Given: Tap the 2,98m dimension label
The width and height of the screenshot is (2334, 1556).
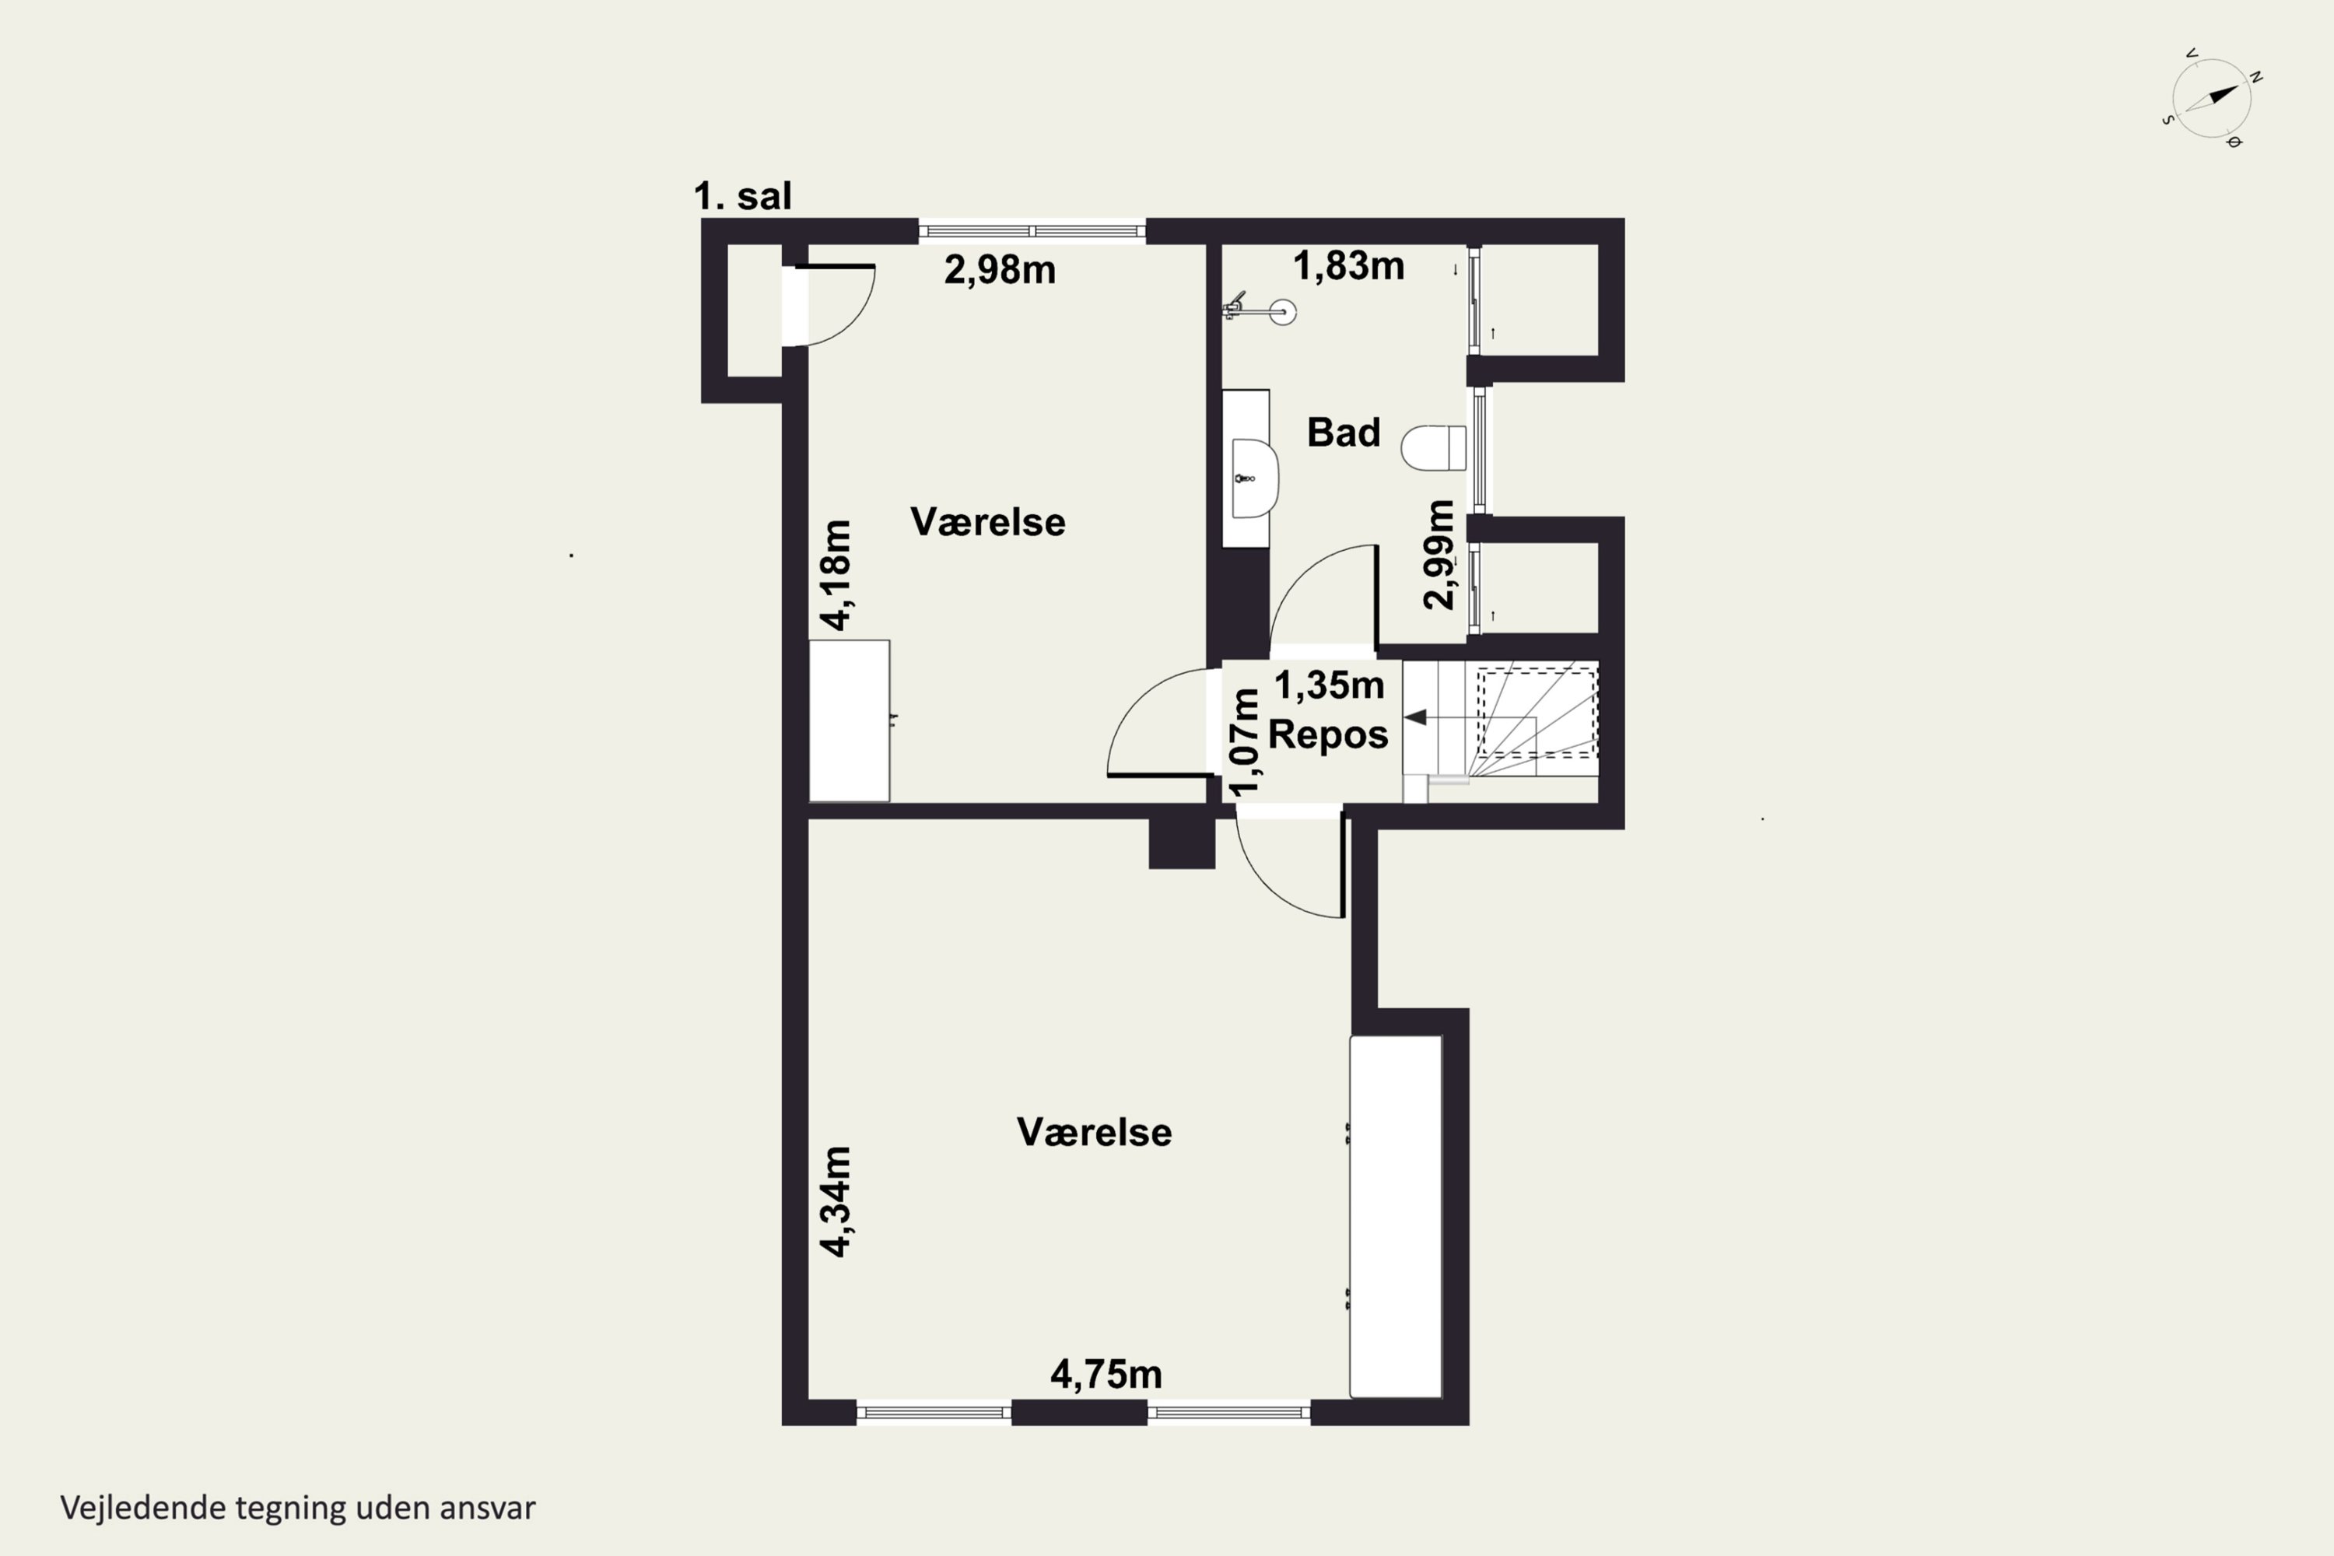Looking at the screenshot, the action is click(999, 270).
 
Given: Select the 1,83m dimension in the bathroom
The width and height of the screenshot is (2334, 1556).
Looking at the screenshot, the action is click(1348, 266).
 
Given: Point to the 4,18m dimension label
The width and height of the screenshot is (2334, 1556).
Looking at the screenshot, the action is click(836, 575).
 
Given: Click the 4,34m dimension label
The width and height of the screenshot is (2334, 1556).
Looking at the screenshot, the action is click(836, 1202).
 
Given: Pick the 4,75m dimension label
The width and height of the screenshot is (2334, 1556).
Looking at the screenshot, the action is click(1106, 1375).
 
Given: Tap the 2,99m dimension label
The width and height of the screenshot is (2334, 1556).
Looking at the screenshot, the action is click(1439, 555).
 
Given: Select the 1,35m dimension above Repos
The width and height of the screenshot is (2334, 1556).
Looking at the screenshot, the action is click(1329, 685).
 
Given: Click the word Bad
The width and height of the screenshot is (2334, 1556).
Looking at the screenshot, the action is click(1344, 433).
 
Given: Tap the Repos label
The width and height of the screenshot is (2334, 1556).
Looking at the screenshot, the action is click(1328, 735).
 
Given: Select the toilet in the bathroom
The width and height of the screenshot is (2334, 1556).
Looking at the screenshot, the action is click(1434, 447).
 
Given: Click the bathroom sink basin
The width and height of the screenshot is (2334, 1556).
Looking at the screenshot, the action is click(1254, 479).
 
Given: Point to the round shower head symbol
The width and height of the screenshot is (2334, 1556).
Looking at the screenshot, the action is click(1283, 313).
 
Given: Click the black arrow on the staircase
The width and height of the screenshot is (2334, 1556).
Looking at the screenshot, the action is click(1416, 717).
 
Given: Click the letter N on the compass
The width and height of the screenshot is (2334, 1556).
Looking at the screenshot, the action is click(2255, 76).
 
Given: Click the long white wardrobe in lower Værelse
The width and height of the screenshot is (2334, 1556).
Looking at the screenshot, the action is click(1395, 1217).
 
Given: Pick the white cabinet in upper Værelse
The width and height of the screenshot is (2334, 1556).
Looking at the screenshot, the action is click(850, 720).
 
